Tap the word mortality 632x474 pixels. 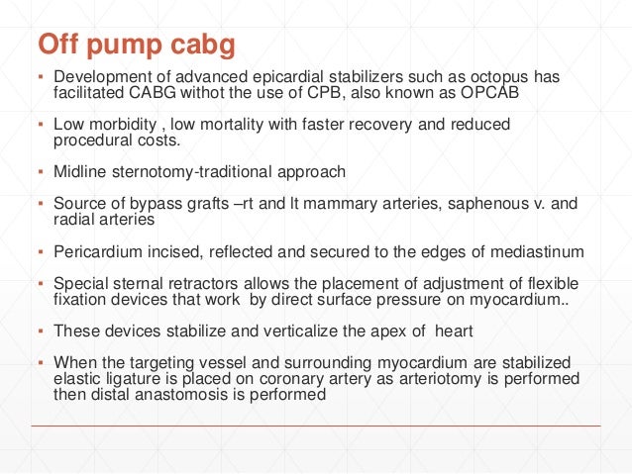point(230,126)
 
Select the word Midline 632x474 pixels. point(80,172)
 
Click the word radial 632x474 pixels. point(74,220)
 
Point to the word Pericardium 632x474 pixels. point(96,251)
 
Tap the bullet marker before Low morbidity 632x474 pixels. point(41,126)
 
